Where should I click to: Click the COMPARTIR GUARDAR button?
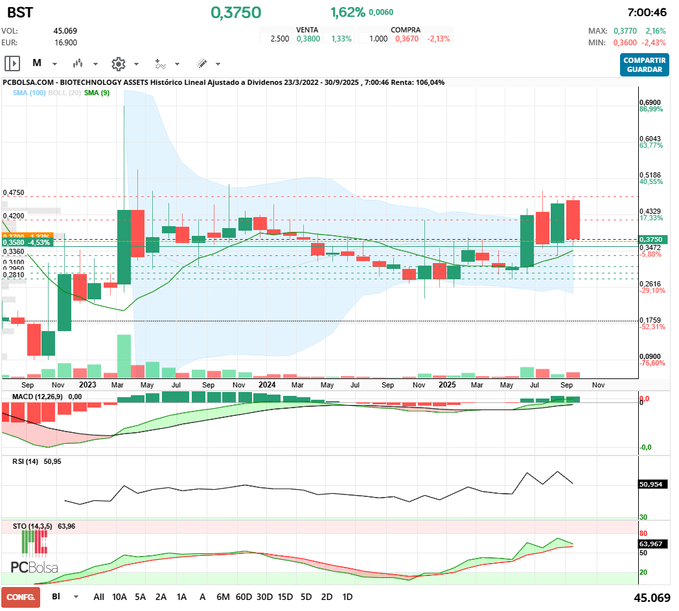tap(644, 64)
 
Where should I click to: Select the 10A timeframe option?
tap(119, 596)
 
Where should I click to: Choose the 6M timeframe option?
tap(223, 596)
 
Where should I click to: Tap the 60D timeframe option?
tap(244, 596)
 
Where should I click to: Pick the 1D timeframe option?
tap(347, 596)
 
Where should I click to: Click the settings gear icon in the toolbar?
tap(118, 63)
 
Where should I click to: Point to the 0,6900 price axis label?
tap(649, 102)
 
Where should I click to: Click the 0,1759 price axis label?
tap(649, 320)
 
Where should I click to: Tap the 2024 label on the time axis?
tap(267, 384)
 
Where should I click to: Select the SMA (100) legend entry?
tap(29, 93)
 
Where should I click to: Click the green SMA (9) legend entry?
tap(97, 93)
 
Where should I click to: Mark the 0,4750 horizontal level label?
tap(14, 192)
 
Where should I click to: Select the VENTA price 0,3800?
tap(308, 39)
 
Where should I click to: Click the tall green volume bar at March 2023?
tap(124, 355)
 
